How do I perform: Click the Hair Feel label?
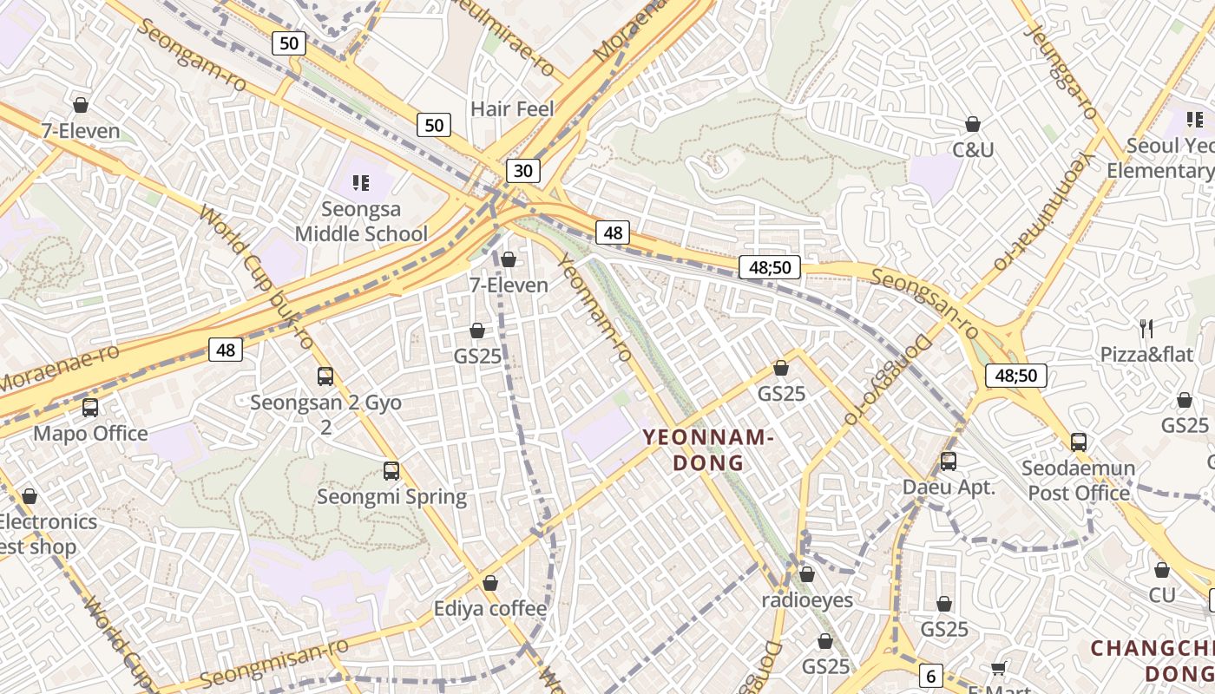coord(512,108)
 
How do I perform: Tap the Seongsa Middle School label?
coord(361,221)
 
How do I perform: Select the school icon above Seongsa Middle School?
coord(361,183)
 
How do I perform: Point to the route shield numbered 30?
coord(522,171)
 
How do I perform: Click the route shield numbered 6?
coord(929,676)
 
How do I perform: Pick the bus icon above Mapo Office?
coord(90,408)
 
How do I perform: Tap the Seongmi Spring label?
coord(391,497)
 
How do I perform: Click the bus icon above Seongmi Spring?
coord(391,471)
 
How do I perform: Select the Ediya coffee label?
coord(490,609)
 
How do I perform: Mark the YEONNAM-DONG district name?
coord(709,449)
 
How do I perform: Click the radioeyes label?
coord(807,599)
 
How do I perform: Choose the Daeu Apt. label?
coord(949,487)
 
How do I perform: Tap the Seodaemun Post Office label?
coord(1078,481)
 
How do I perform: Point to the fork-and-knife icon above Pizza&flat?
coord(1146,328)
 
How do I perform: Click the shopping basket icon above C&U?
coord(973,124)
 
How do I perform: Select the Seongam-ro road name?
coord(192,55)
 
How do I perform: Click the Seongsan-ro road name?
coord(924,304)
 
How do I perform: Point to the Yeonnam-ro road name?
coord(594,308)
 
